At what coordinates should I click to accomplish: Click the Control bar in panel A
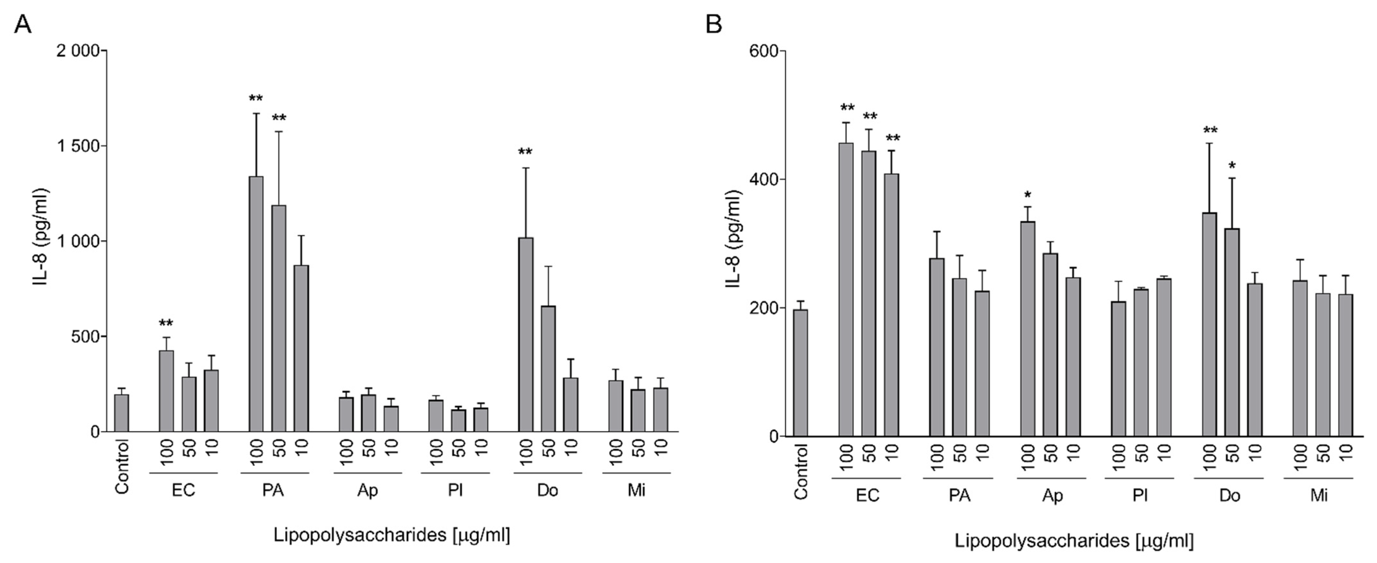coord(122,413)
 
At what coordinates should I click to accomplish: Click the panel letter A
coord(23,24)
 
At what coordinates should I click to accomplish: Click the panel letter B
coord(714,24)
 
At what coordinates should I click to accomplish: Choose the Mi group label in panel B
coord(1319,496)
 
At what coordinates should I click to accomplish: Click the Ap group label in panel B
coord(1052,496)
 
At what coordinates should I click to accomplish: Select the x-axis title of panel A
coord(392,535)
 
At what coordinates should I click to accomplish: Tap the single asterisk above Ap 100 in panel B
coord(1027,195)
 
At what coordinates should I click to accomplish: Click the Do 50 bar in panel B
coord(1232,332)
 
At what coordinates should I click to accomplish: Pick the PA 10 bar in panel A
coord(301,348)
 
